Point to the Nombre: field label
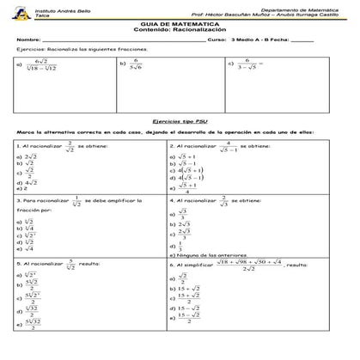(28, 40)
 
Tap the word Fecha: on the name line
(278, 40)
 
